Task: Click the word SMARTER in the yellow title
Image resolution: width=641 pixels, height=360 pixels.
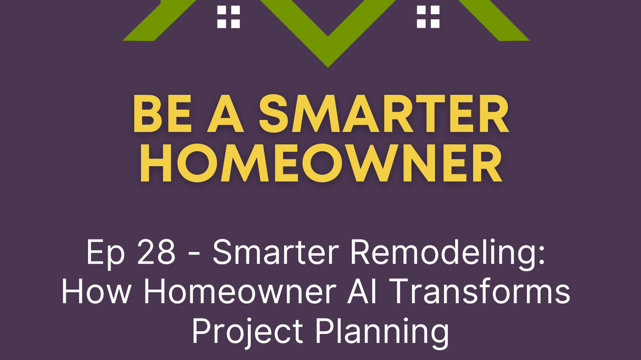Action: pyautogui.click(x=384, y=114)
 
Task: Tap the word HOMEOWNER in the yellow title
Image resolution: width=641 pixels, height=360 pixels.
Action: pyautogui.click(x=322, y=163)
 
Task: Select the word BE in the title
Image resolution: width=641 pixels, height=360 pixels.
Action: pyautogui.click(x=162, y=114)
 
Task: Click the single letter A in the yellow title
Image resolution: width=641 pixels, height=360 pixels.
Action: pyautogui.click(x=225, y=114)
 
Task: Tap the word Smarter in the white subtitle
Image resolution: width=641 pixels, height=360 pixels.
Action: pyautogui.click(x=276, y=252)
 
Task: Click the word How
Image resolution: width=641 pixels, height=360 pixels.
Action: pyautogui.click(x=96, y=292)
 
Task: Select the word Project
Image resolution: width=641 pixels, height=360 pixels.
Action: pyautogui.click(x=248, y=332)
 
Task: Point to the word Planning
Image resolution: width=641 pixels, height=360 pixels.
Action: pyautogui.click(x=382, y=332)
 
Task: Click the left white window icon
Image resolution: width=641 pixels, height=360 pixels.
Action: pyautogui.click(x=228, y=17)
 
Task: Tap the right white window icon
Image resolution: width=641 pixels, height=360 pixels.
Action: pyautogui.click(x=428, y=17)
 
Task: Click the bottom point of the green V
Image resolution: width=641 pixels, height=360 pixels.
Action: pyautogui.click(x=328, y=67)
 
